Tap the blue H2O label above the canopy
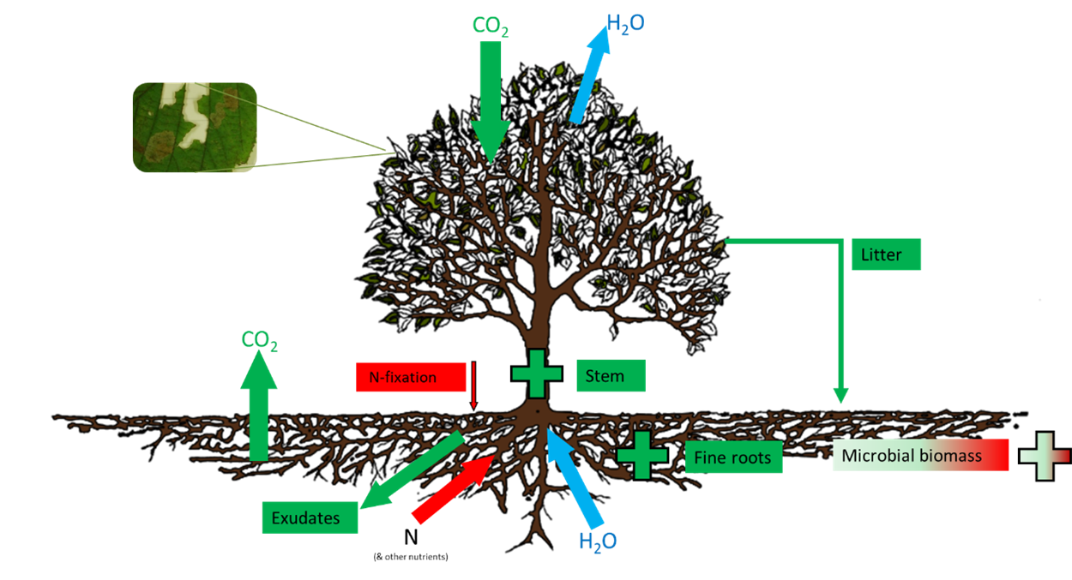click(x=625, y=24)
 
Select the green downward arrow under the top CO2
click(x=490, y=103)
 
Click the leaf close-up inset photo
click(x=195, y=128)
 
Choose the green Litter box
click(x=886, y=254)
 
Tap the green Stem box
click(x=610, y=375)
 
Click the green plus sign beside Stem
click(x=537, y=374)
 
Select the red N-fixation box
click(x=410, y=377)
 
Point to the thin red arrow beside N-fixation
click(x=473, y=386)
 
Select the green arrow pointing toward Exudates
click(x=412, y=471)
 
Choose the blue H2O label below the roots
click(x=599, y=541)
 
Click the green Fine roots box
click(x=733, y=457)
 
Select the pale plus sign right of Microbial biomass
click(x=1045, y=456)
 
